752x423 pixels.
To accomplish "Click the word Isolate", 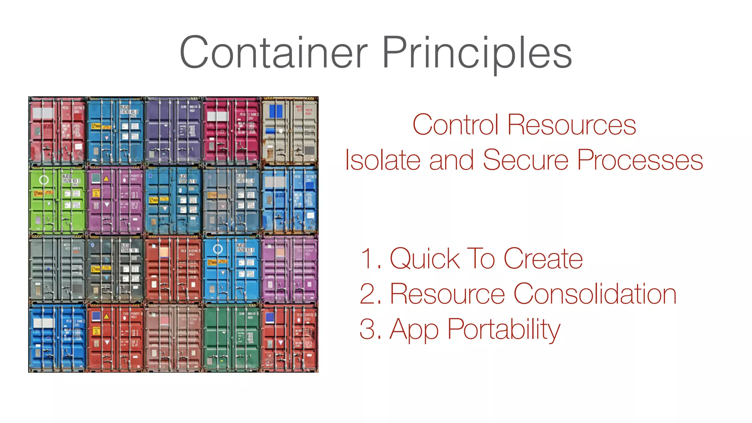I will (382, 160).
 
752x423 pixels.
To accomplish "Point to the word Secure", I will (525, 160).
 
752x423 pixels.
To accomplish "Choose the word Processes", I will (640, 160).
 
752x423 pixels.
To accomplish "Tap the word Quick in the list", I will (424, 258).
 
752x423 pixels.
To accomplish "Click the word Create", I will (543, 258).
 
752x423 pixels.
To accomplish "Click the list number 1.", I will (368, 258).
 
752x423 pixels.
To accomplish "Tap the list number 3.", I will (369, 329).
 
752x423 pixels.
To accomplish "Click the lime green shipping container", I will (58, 200).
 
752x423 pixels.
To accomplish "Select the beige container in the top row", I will (289, 131).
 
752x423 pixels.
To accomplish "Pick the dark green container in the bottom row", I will (231, 338).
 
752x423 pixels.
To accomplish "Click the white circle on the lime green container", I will (44, 180).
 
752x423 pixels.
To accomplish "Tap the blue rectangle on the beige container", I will (276, 111).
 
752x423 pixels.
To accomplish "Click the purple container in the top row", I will (173, 131).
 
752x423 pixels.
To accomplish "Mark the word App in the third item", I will (414, 330).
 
